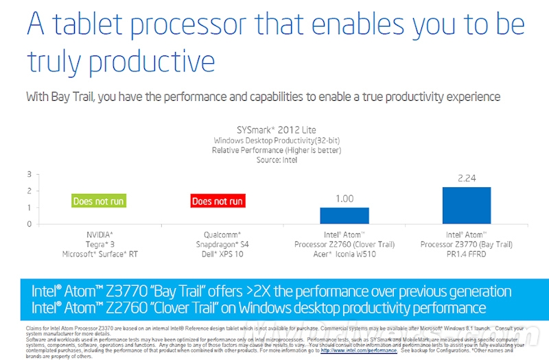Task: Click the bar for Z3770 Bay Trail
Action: [467, 205]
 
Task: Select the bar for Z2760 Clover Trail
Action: [344, 215]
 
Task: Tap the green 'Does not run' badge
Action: [99, 201]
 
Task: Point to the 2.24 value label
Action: [467, 179]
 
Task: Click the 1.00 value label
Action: [344, 199]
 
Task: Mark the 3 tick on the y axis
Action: [30, 174]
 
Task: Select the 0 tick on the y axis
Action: [30, 224]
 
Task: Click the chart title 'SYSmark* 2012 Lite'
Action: [276, 130]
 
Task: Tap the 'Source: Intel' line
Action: [276, 159]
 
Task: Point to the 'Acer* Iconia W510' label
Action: [344, 254]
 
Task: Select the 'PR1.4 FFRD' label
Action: [467, 254]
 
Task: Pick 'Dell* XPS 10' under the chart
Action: [218, 254]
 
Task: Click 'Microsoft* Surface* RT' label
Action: [100, 254]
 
